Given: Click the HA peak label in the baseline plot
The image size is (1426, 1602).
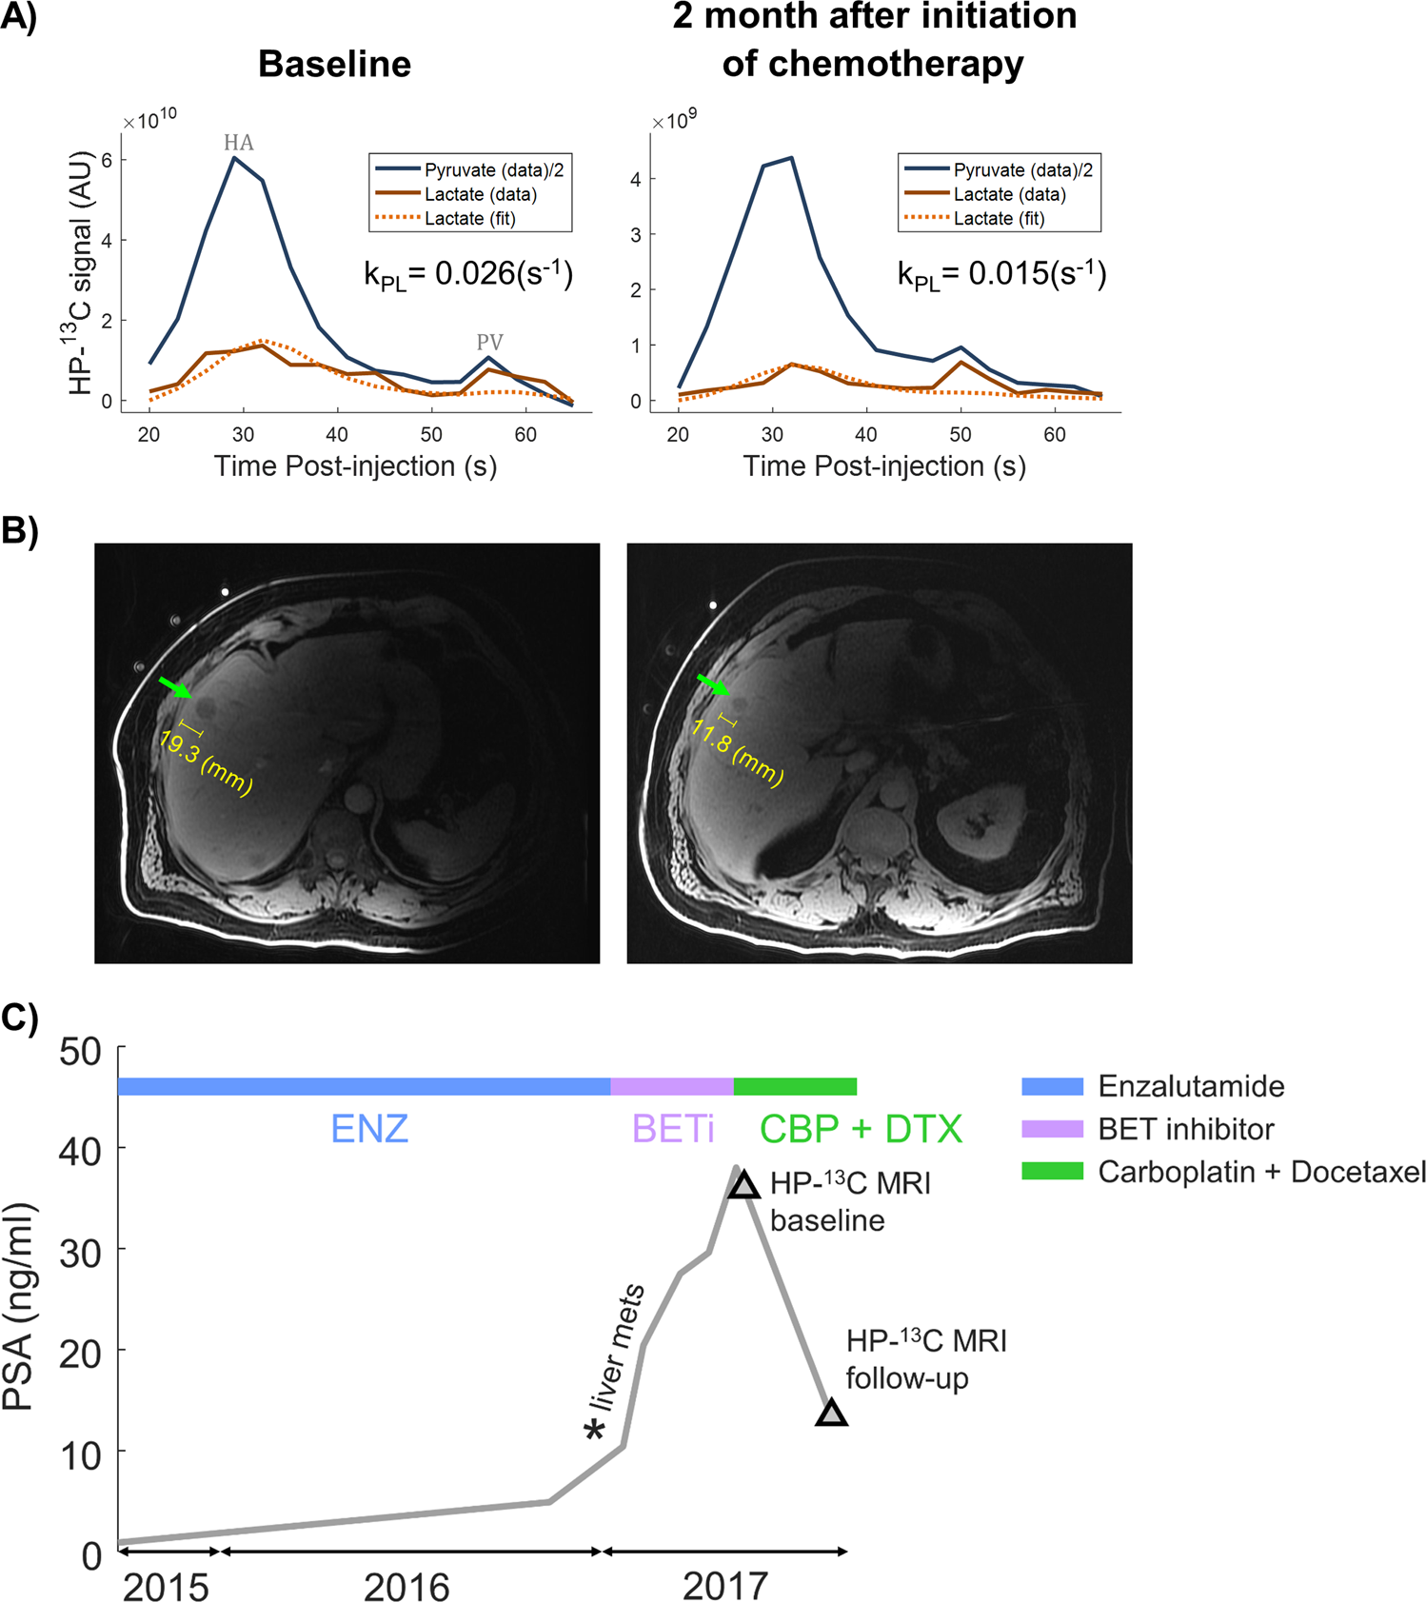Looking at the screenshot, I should [238, 143].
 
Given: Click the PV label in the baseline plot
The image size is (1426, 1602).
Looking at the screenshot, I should [489, 342].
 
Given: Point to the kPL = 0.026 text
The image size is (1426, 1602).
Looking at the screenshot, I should [468, 274].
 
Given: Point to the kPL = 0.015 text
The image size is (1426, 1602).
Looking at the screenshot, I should [1001, 274].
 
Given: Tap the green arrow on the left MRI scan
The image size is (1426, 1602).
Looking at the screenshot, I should [174, 686].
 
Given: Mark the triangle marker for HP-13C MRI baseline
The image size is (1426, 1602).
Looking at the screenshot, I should [743, 1185].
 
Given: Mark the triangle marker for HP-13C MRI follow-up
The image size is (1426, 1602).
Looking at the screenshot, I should [831, 1414].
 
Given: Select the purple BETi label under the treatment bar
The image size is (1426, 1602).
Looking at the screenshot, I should [672, 1130].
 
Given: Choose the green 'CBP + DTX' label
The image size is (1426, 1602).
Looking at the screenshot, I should [861, 1130].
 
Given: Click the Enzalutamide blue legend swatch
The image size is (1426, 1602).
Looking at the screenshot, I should [1052, 1086].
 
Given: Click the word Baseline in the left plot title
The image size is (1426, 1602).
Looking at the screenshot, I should [334, 64].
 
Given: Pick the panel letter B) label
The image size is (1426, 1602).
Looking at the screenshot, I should [19, 529].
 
